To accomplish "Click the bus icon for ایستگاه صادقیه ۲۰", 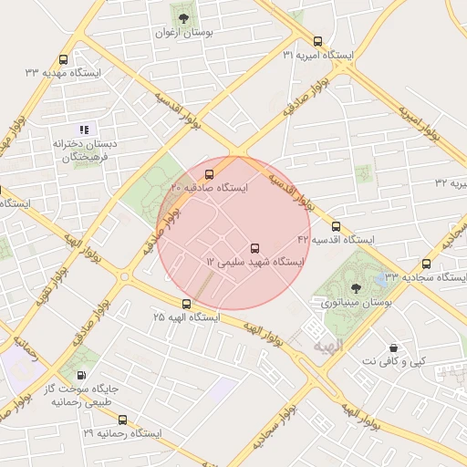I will (x=210, y=173).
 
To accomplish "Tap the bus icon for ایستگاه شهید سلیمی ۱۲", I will (x=254, y=247).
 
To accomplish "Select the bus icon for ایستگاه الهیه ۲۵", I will (x=186, y=304).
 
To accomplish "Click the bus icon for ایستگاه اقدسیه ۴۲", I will (x=336, y=226).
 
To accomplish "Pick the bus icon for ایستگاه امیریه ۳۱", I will (x=317, y=41).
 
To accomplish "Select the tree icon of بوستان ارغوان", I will (x=183, y=17).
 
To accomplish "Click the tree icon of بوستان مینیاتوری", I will (x=356, y=288).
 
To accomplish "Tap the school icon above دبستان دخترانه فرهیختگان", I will (x=84, y=130).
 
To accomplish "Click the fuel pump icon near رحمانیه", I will (x=83, y=374).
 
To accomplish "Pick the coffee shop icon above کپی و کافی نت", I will (x=393, y=348).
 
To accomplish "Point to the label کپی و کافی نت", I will (x=393, y=362).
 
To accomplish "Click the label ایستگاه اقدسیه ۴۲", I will (x=337, y=240).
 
